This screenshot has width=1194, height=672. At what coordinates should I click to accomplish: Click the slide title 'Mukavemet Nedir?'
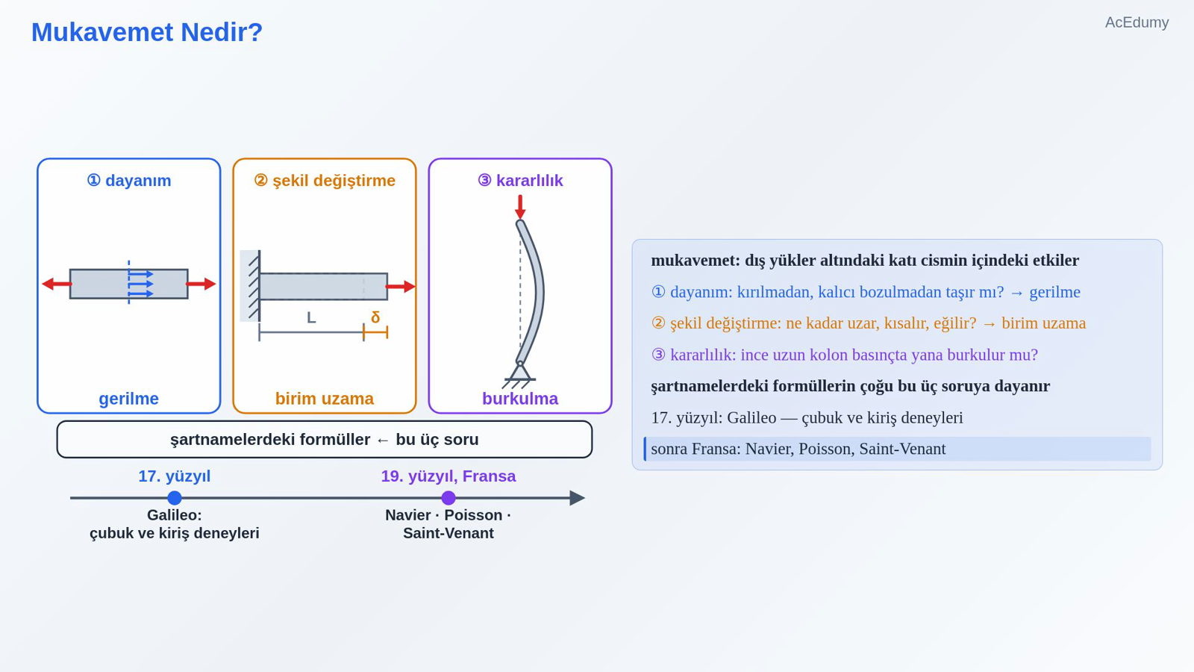point(147,33)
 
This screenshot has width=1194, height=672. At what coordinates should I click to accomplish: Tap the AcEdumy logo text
point(1137,23)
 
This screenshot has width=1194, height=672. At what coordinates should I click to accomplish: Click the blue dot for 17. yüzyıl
point(175,498)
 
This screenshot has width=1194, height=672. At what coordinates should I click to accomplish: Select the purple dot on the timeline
point(448,498)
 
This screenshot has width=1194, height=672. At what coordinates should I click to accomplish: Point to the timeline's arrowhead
point(578,498)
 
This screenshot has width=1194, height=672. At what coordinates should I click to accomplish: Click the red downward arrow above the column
point(520,207)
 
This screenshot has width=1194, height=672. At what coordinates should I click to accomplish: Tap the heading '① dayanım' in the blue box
point(129,181)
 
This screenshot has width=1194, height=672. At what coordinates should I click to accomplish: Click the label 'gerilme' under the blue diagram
point(129,399)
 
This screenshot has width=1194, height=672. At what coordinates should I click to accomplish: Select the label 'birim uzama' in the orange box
point(325,399)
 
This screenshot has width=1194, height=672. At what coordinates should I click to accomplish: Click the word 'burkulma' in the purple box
point(520,399)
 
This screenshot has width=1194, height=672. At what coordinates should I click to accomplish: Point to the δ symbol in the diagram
point(375,317)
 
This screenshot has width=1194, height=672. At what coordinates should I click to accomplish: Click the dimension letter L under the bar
point(311,318)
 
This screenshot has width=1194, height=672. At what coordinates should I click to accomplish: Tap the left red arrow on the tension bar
point(57,284)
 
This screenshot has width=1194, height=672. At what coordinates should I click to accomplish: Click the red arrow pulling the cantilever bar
point(400,287)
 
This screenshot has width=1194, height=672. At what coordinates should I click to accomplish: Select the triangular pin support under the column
point(519,372)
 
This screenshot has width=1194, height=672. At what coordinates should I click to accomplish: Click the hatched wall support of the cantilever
point(251,286)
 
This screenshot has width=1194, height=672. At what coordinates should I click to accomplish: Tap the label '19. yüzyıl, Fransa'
point(448,476)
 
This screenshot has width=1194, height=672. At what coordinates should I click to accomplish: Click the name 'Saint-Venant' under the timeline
point(448,533)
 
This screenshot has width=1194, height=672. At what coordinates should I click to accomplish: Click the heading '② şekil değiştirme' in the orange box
point(325,181)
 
